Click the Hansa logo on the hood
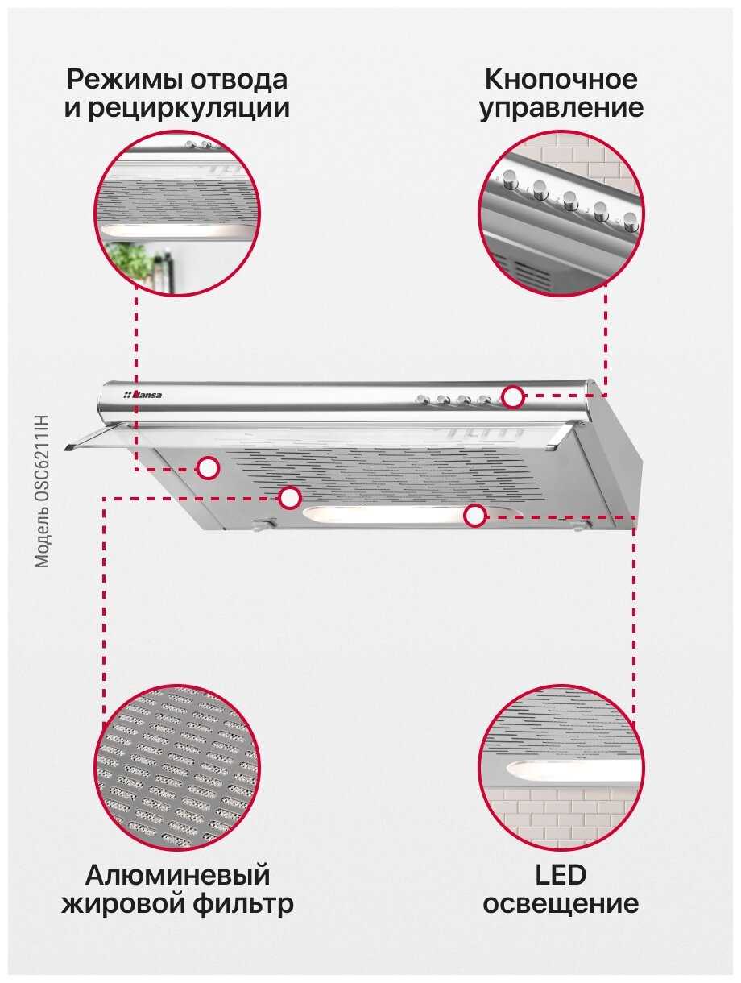(143, 395)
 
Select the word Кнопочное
(561, 80)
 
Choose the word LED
(561, 874)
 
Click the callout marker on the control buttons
(512, 396)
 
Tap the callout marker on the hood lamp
(474, 516)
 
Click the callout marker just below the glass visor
(208, 468)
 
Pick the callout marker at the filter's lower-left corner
(289, 498)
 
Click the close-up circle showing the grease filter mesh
(177, 767)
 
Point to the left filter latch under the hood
(263, 524)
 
